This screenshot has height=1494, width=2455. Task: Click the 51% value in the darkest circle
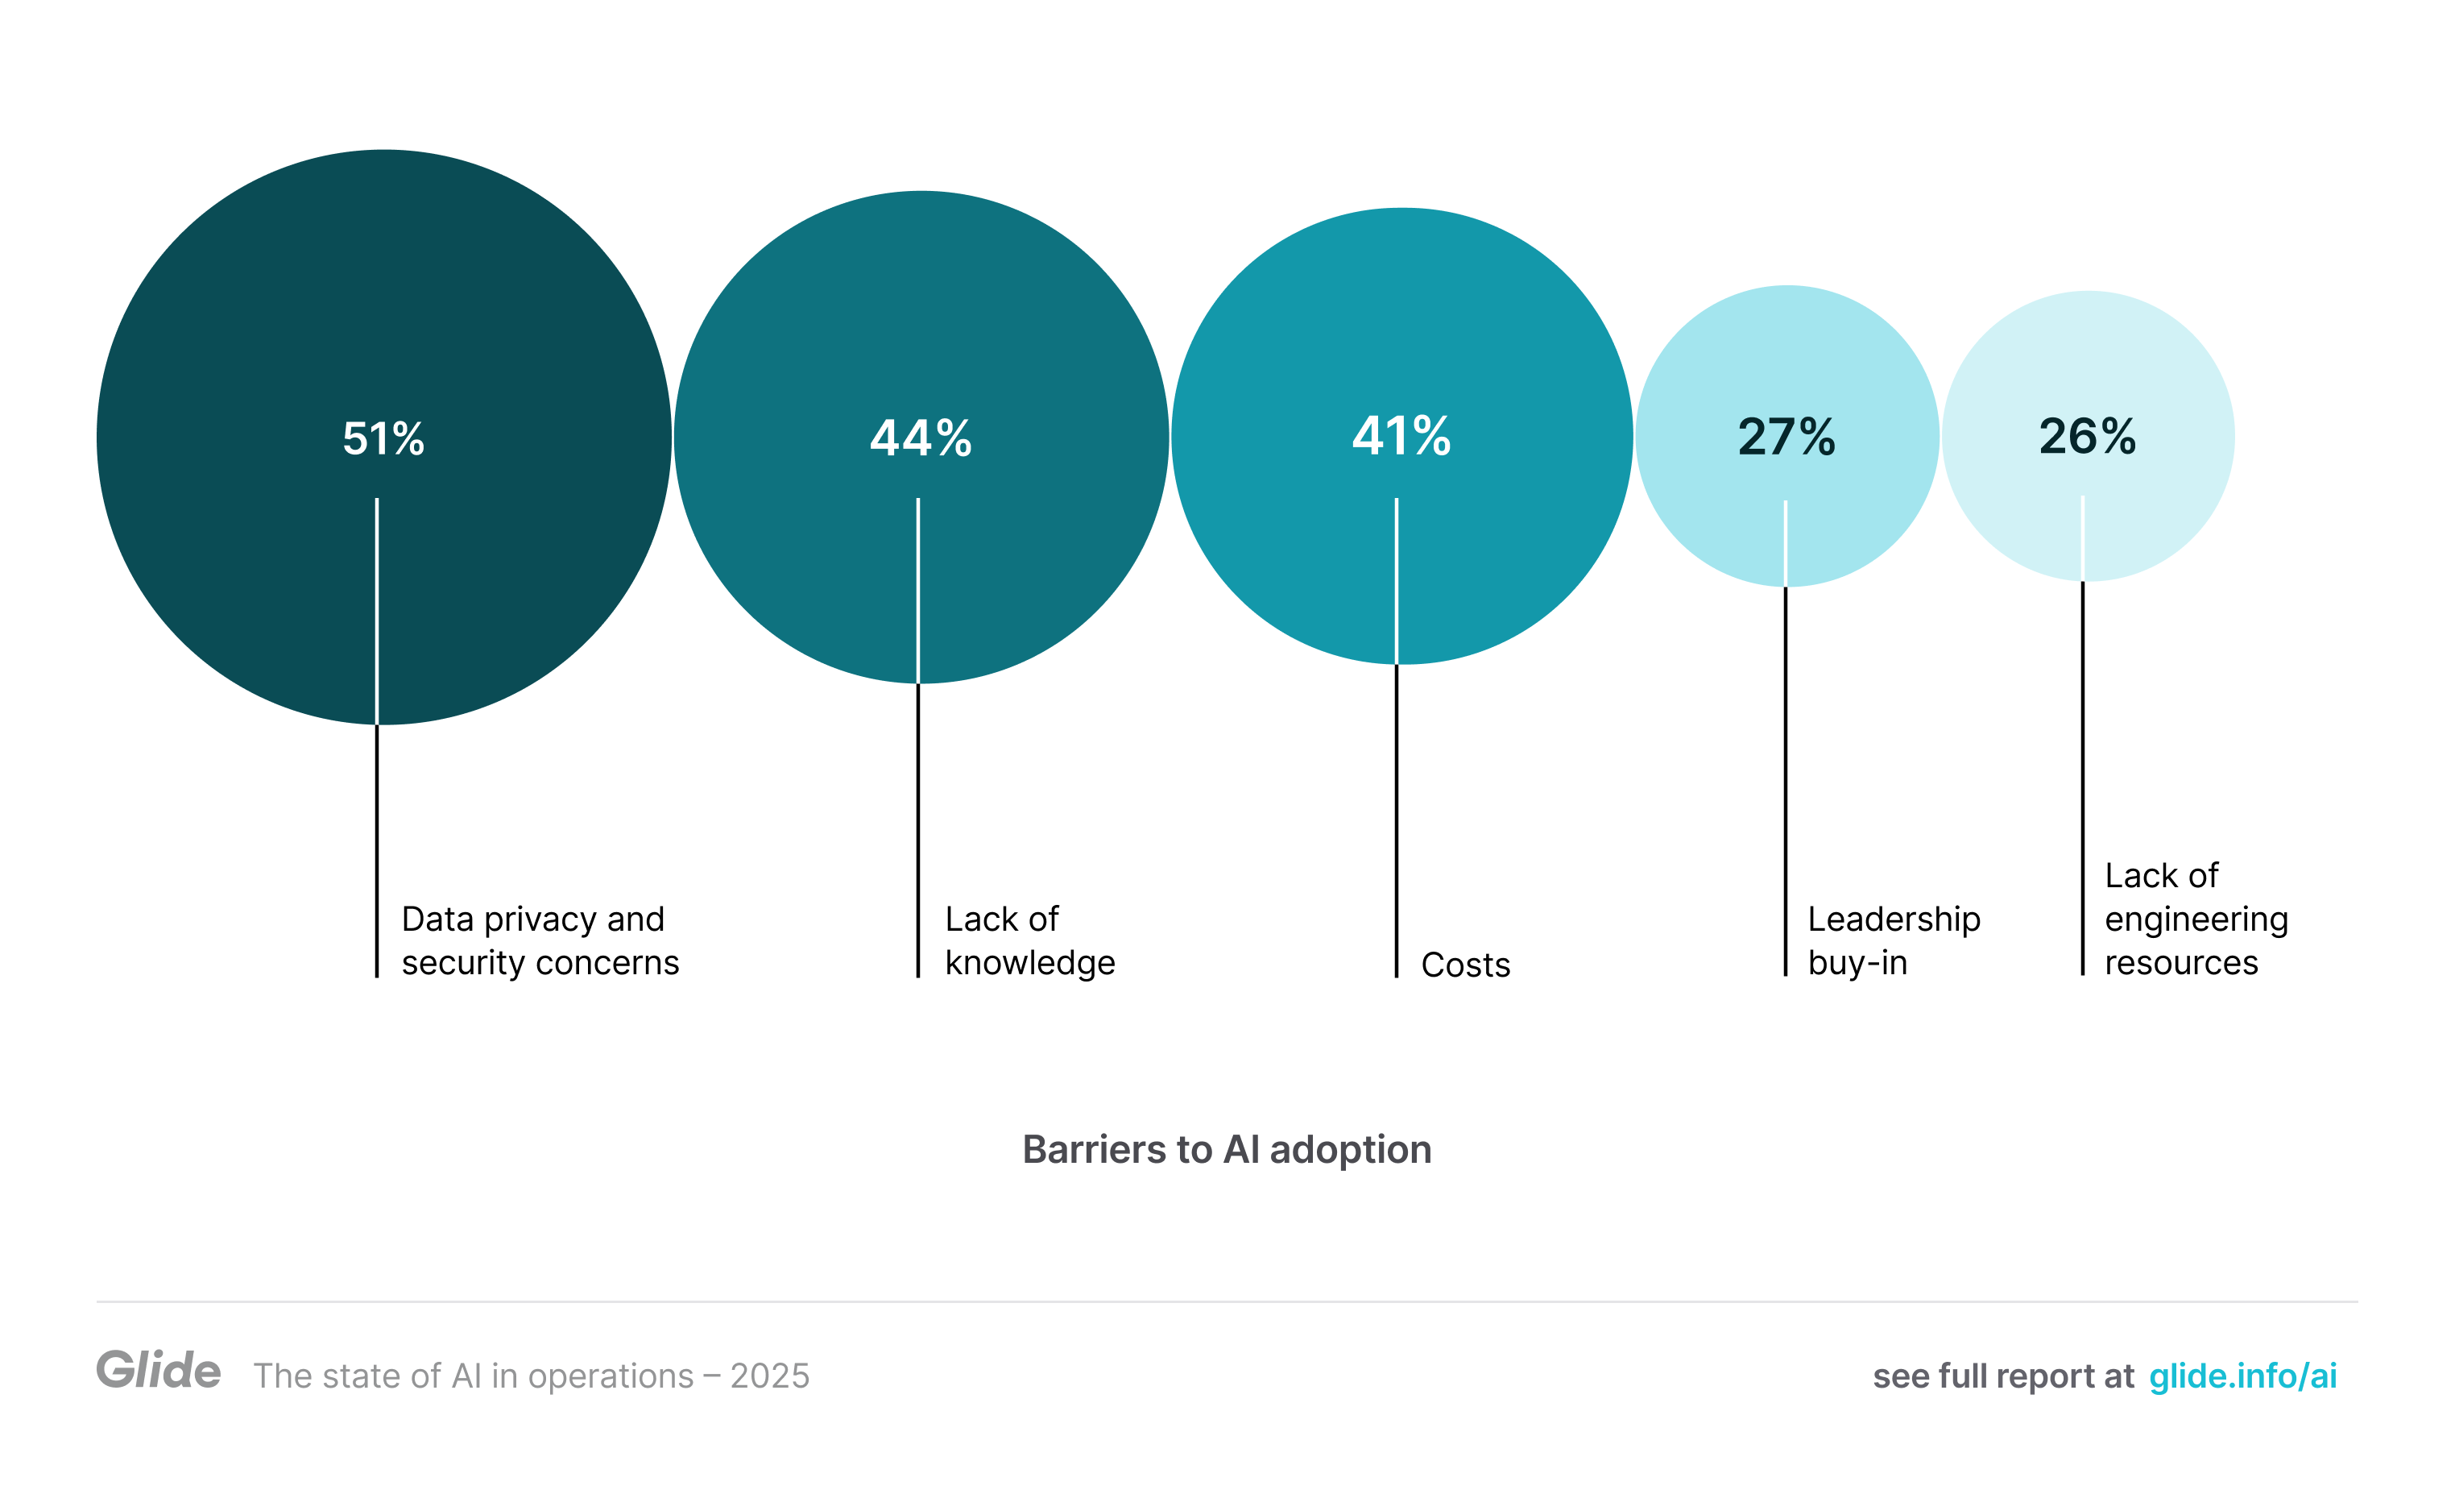[x=383, y=438]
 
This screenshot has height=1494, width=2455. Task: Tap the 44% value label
[x=921, y=438]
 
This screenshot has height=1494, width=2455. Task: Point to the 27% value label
[x=1786, y=437]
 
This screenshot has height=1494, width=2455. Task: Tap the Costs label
[x=1464, y=965]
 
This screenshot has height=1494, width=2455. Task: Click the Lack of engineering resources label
[x=2195, y=918]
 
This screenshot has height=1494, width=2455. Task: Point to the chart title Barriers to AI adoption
[x=1227, y=1149]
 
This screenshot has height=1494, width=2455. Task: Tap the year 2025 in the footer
[x=769, y=1376]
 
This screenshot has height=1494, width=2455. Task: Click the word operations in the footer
[x=610, y=1376]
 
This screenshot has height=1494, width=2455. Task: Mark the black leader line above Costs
[x=1396, y=817]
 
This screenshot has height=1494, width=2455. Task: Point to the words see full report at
[x=2002, y=1376]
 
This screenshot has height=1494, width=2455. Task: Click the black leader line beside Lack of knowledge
[x=917, y=828]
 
